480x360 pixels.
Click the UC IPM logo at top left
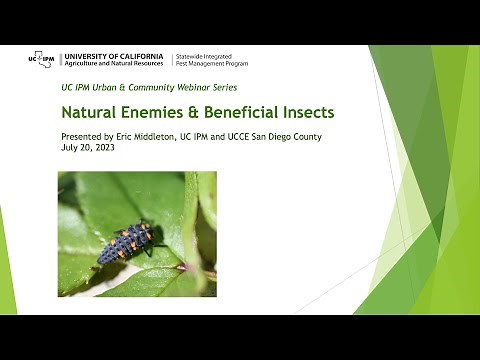[x=42, y=59]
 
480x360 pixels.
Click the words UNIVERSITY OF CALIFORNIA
[x=115, y=54]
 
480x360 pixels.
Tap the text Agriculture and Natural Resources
[x=115, y=64]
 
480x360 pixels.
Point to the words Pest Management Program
[x=213, y=64]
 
